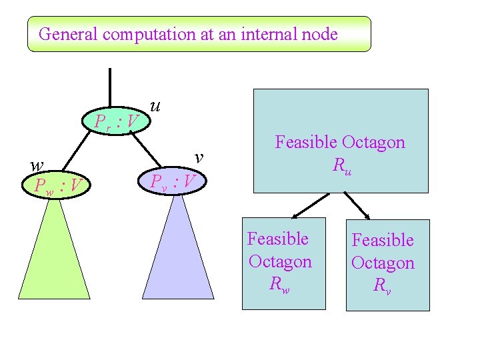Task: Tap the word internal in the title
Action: pyautogui.click(x=254, y=34)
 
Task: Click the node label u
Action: pyautogui.click(x=156, y=105)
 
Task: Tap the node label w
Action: pyautogui.click(x=38, y=164)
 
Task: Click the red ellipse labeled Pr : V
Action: pyautogui.click(x=116, y=121)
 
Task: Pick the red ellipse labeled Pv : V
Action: pyautogui.click(x=173, y=181)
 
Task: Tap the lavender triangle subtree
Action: pyautogui.click(x=178, y=260)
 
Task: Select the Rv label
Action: pyautogui.click(x=382, y=286)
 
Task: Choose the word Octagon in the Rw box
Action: pyautogui.click(x=280, y=261)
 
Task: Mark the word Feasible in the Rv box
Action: pyautogui.click(x=383, y=240)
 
